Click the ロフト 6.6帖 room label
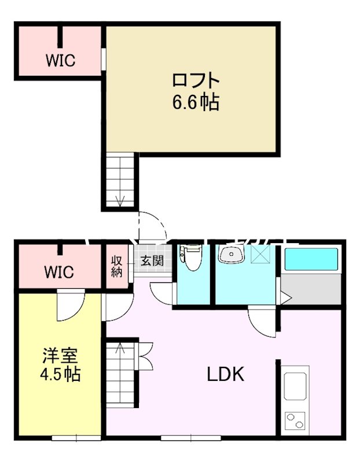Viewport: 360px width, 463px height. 195,91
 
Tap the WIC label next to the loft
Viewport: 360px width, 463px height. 61,60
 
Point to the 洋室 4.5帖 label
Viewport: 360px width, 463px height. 60,365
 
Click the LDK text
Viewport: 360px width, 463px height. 226,374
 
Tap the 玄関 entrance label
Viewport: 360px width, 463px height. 152,260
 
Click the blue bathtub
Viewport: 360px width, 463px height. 311,259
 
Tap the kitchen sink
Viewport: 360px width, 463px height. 296,386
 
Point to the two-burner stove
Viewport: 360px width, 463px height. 296,420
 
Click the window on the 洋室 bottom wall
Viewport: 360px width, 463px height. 72,437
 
